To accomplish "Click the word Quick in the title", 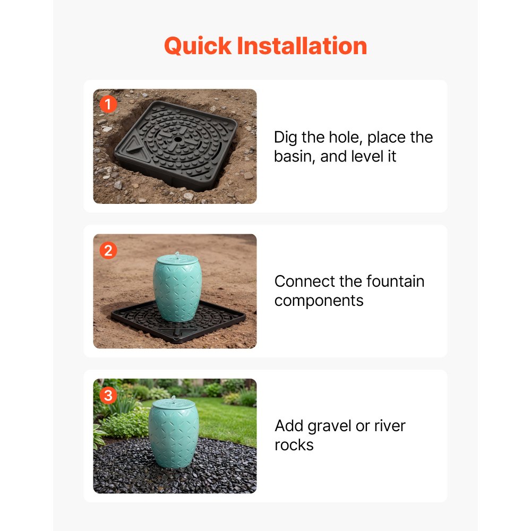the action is pos(198,46).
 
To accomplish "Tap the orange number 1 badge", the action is pos(108,104).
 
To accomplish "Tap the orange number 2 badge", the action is pos(108,251).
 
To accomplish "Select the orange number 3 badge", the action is pos(108,395).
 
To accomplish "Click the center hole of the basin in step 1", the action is pos(178,139).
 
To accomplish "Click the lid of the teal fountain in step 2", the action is pos(177,260).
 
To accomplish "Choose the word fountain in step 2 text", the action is pos(395,281).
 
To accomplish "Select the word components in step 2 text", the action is pos(319,301).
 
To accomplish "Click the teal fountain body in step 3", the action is pos(174,437).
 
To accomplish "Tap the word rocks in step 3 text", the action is pos(294,446).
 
